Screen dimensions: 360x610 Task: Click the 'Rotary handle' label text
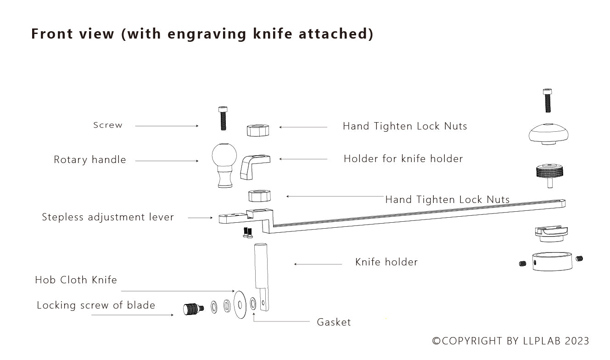(x=90, y=160)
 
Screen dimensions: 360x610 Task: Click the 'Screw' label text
(x=108, y=125)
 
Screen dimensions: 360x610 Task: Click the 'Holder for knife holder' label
(x=403, y=159)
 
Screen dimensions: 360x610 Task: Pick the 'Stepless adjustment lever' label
(x=108, y=217)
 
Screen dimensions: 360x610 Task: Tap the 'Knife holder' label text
(x=386, y=262)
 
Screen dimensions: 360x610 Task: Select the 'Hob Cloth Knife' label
(x=76, y=280)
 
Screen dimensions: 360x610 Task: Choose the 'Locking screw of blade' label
(x=96, y=305)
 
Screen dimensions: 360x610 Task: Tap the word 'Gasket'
(x=334, y=322)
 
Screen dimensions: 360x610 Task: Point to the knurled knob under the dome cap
(x=549, y=173)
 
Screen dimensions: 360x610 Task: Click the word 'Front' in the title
(x=50, y=34)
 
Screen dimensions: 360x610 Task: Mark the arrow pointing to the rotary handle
(x=167, y=161)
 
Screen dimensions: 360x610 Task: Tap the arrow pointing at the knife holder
(x=318, y=264)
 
